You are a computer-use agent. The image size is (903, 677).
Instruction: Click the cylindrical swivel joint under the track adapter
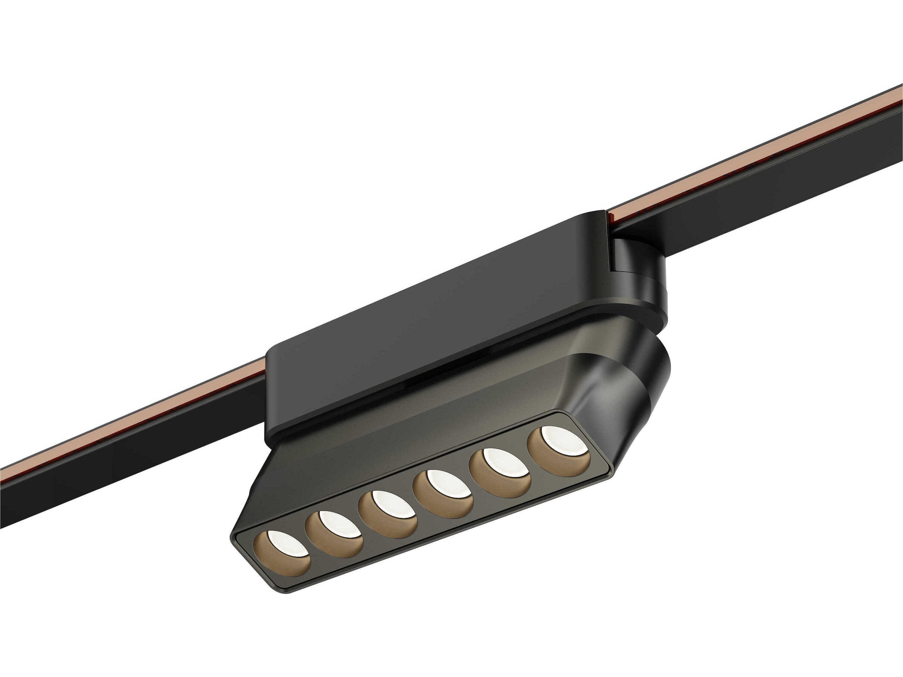(x=641, y=282)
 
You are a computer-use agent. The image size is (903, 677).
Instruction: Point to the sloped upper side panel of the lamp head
(x=408, y=416)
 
